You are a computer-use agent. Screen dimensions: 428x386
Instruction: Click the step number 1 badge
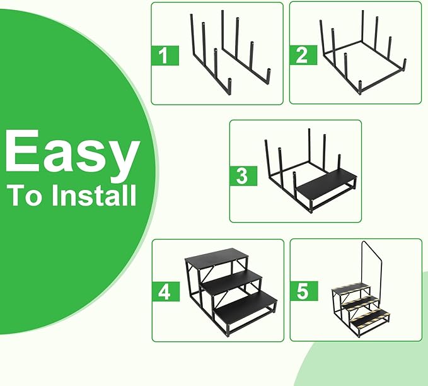165,56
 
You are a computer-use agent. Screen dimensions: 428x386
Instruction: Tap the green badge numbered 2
303,55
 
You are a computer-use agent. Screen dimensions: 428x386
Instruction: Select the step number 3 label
243,176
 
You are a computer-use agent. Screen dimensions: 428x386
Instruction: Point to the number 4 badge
166,292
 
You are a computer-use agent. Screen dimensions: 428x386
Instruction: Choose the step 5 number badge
304,291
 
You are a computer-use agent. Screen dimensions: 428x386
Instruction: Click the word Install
94,196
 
